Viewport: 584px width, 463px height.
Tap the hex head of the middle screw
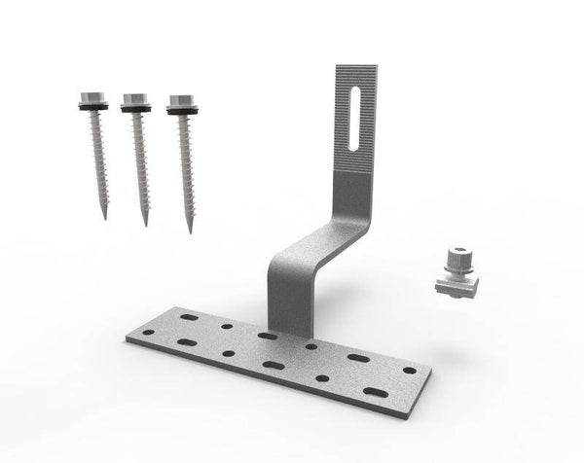(x=134, y=100)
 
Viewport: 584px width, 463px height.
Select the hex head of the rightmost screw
(x=179, y=101)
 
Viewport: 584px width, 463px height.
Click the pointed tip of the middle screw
(x=146, y=224)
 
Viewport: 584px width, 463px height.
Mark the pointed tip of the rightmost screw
(x=189, y=231)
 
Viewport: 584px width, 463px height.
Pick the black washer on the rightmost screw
(x=180, y=112)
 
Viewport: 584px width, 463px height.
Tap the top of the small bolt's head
(x=456, y=251)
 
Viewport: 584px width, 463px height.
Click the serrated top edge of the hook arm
(x=358, y=67)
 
